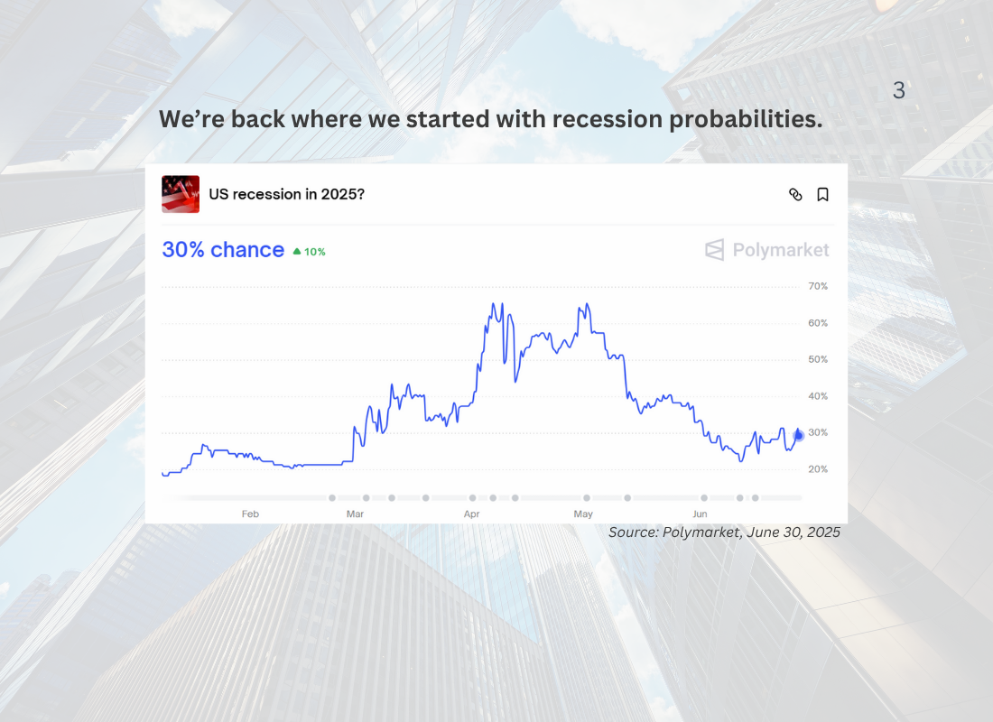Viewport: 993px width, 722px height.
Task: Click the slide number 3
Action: (x=898, y=90)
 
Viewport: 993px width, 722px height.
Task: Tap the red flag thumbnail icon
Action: (x=181, y=194)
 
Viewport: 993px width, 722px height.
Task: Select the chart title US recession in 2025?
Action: (x=287, y=194)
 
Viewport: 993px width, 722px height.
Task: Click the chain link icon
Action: (x=795, y=194)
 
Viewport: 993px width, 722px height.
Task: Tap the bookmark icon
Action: (x=822, y=194)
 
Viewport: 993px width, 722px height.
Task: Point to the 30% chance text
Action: (x=223, y=249)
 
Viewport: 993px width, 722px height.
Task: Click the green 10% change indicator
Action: (x=309, y=252)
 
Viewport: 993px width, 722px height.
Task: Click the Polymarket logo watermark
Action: (x=767, y=249)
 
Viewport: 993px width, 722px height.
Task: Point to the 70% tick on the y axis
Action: (x=818, y=286)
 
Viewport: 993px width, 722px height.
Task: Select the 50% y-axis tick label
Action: (x=818, y=359)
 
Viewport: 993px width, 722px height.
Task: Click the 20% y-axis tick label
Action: (x=818, y=469)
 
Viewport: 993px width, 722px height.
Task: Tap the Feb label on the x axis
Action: (x=250, y=514)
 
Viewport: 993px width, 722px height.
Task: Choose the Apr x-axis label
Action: (x=472, y=514)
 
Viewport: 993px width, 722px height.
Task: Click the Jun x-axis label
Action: (x=700, y=514)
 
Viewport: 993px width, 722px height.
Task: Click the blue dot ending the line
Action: (x=799, y=435)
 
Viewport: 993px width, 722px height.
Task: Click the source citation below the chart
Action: (x=725, y=532)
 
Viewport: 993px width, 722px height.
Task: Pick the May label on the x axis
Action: (x=583, y=514)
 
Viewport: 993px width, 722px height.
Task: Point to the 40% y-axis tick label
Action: (x=818, y=396)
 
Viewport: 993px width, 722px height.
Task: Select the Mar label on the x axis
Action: (x=356, y=514)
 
